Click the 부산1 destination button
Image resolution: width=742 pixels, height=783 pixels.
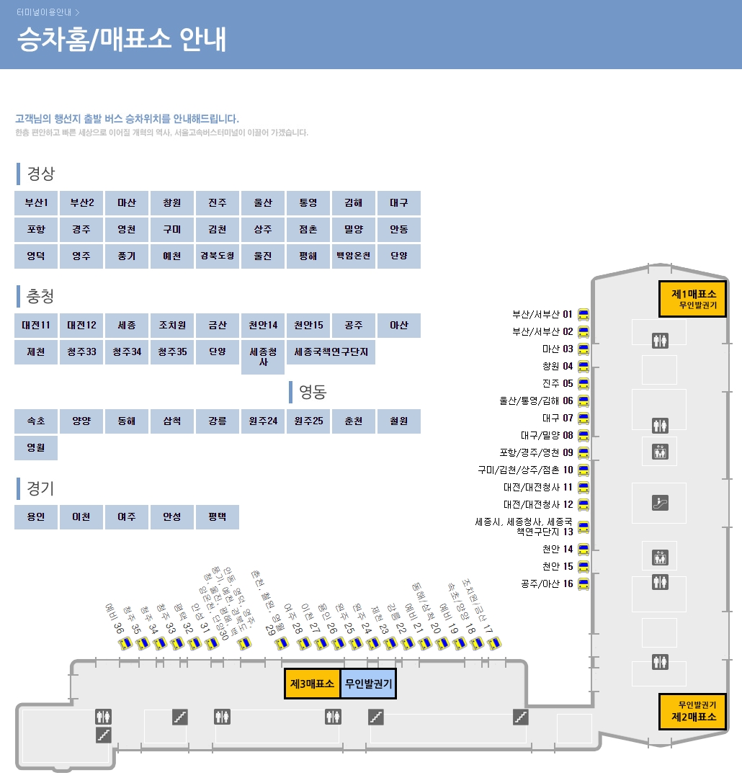[36, 203]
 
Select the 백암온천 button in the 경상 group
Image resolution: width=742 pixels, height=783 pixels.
[353, 256]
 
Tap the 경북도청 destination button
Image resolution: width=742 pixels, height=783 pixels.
[217, 256]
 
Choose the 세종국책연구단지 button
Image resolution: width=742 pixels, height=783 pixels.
[331, 352]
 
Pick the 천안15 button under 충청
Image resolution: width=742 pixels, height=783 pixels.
[308, 326]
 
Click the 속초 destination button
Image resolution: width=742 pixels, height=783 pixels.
[36, 421]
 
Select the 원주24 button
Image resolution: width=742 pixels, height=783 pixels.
[262, 421]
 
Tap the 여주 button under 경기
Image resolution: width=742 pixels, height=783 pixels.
[126, 517]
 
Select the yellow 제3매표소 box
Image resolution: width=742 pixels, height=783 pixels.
[312, 684]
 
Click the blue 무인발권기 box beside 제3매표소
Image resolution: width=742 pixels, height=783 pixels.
[368, 684]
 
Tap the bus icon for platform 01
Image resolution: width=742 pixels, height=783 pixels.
[584, 315]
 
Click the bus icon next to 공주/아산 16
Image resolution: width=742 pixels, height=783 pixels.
[584, 583]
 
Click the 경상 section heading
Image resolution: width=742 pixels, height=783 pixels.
[40, 174]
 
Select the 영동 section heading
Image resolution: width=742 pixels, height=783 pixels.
[313, 393]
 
